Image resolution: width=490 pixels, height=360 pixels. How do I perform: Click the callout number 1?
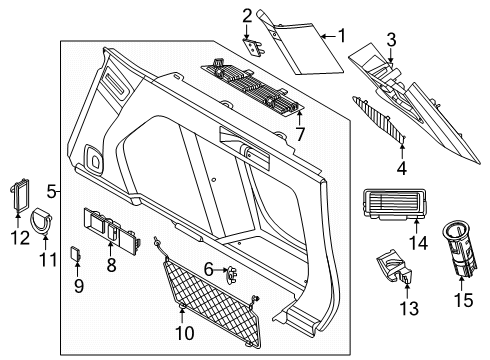click(x=342, y=36)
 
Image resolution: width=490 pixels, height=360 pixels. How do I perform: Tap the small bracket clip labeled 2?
click(x=254, y=46)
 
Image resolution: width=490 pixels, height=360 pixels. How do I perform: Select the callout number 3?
click(x=391, y=40)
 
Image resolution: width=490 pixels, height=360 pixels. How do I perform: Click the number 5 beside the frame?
click(x=51, y=192)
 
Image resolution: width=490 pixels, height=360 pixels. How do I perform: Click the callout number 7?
click(x=300, y=135)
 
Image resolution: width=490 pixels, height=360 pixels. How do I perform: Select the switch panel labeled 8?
click(x=112, y=228)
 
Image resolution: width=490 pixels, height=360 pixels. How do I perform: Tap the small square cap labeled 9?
click(x=75, y=254)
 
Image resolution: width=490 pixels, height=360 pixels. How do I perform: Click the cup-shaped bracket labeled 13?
click(x=395, y=267)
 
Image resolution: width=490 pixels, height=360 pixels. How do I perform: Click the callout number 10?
click(x=184, y=333)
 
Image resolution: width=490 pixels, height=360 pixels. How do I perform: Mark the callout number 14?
click(x=418, y=243)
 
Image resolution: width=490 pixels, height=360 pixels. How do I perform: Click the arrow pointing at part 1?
click(x=328, y=36)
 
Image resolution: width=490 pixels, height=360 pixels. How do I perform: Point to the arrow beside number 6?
click(x=221, y=270)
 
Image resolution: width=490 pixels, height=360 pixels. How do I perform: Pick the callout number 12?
click(x=20, y=238)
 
